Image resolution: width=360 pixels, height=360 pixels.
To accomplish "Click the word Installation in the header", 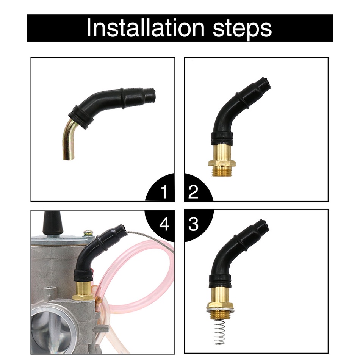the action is (x=146, y=28).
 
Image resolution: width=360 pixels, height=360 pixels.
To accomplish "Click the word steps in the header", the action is (x=242, y=30).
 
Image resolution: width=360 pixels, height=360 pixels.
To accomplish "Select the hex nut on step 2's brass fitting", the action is (x=222, y=163).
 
